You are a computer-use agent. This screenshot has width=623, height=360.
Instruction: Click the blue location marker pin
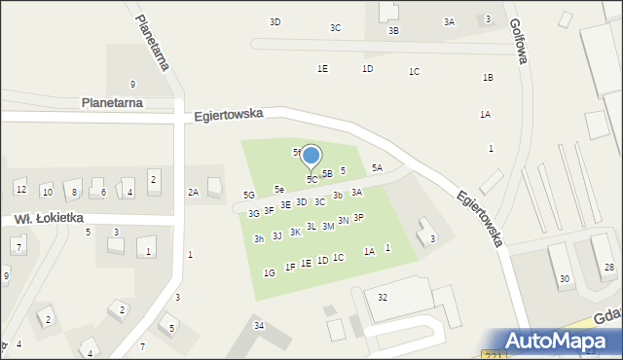pos(311,157)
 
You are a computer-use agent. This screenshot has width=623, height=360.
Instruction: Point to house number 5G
pos(249,196)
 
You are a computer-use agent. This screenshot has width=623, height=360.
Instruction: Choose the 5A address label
pos(377,168)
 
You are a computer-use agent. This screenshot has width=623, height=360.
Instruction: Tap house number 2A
pos(194,193)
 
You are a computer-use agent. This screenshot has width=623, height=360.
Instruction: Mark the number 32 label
pos(383,297)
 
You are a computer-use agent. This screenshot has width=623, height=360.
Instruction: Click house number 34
pos(258,325)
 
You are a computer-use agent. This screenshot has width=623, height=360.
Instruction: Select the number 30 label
pos(564,279)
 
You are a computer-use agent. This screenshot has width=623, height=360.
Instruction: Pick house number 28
pos(609,267)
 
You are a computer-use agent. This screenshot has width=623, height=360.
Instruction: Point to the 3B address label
pos(393,31)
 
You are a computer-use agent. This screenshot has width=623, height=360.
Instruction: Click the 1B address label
pos(488,77)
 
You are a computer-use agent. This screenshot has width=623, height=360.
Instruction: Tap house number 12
pos(20,188)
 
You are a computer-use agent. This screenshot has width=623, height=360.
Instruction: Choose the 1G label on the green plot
pos(269,273)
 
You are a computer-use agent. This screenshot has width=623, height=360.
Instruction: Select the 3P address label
pos(358,218)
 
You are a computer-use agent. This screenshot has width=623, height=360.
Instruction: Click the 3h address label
pos(259,239)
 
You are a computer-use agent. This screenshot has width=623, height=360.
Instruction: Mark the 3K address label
pos(295,233)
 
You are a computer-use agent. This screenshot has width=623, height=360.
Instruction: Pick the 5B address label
pos(327,173)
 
